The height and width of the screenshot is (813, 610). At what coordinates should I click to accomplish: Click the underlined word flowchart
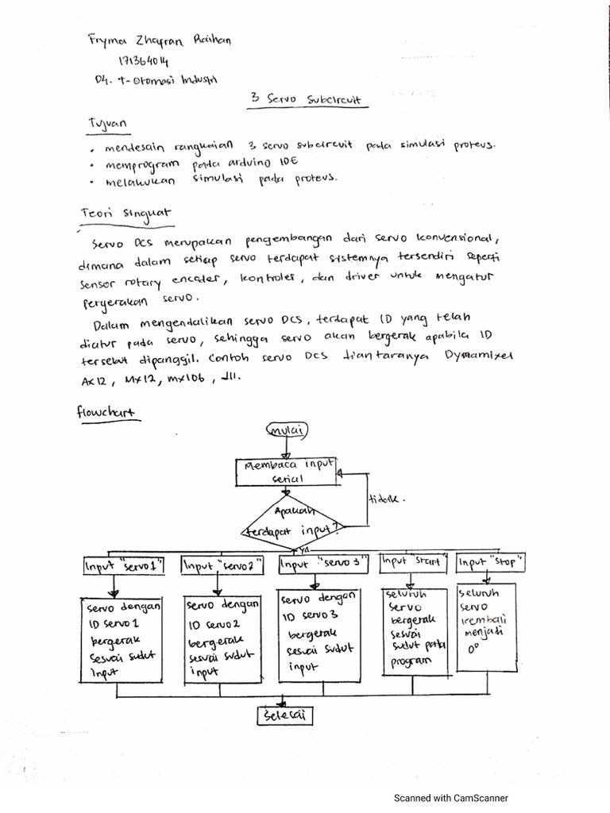tap(106, 413)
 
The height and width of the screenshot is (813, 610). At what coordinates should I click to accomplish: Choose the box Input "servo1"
tap(123, 565)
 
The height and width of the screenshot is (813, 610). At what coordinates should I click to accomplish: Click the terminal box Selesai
tap(284, 717)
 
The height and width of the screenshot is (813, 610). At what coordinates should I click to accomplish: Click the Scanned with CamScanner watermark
tap(452, 799)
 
